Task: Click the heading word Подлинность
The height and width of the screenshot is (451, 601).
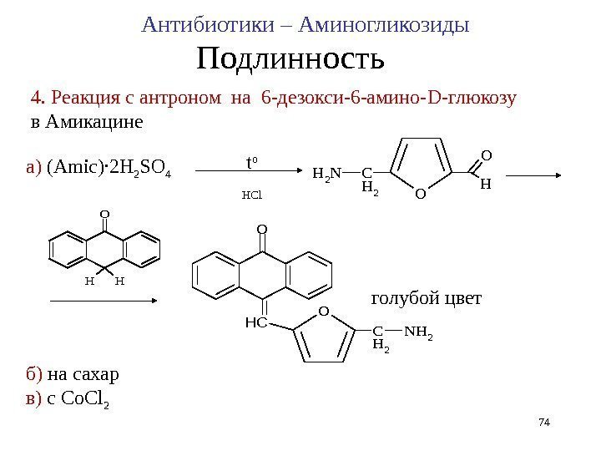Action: tap(290, 60)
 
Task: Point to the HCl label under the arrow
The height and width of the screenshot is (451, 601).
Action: tap(251, 196)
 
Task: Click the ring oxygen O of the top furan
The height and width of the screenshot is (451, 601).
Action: tap(420, 195)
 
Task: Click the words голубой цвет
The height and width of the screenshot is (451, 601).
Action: tap(426, 298)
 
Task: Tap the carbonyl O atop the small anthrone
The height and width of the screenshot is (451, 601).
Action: tap(104, 214)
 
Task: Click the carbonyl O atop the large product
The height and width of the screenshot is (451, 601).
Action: tap(261, 228)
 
